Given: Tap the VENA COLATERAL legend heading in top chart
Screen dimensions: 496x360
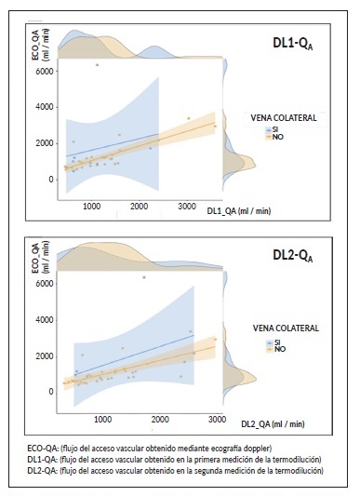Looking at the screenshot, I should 285,119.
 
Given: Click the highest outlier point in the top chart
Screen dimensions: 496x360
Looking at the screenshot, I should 97,64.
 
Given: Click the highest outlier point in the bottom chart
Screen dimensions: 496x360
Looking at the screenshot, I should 143,277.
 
